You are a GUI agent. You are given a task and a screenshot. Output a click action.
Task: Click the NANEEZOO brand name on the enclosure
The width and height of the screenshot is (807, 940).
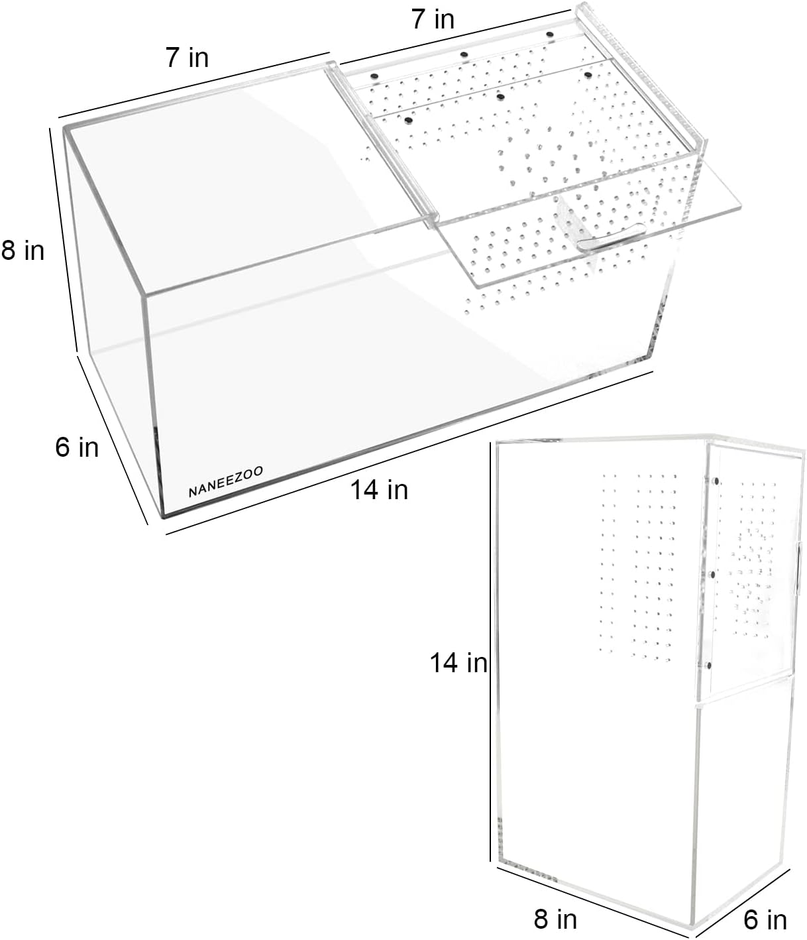pyautogui.click(x=225, y=481)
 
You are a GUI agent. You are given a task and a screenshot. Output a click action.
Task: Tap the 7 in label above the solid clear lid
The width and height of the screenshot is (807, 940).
pyautogui.click(x=187, y=58)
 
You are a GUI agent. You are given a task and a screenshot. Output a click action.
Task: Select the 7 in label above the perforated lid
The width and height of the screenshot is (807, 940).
pyautogui.click(x=433, y=20)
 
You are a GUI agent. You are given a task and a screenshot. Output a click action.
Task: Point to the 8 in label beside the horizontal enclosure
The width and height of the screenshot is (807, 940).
pyautogui.click(x=23, y=251)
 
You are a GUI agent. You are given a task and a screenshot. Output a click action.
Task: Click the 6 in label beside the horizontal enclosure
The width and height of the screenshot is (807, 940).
pyautogui.click(x=77, y=447)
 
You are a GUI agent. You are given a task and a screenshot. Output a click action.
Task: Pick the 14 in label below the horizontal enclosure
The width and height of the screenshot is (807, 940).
pyautogui.click(x=379, y=490)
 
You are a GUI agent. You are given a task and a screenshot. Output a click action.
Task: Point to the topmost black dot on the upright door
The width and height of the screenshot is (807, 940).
pyautogui.click(x=716, y=481)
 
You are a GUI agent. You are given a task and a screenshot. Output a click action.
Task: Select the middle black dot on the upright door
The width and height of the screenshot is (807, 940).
pyautogui.click(x=712, y=575)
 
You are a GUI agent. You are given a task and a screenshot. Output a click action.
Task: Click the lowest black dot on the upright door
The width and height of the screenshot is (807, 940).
pyautogui.click(x=709, y=666)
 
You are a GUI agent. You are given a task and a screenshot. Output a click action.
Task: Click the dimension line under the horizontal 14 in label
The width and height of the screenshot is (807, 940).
pyautogui.click(x=409, y=453)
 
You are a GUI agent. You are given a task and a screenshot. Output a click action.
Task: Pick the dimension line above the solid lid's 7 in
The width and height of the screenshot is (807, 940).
pyautogui.click(x=193, y=84)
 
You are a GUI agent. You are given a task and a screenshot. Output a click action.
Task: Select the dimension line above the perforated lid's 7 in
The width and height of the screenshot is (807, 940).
pyautogui.click(x=455, y=37)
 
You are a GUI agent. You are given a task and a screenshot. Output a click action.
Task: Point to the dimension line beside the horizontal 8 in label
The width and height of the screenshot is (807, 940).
pyautogui.click(x=63, y=240)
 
